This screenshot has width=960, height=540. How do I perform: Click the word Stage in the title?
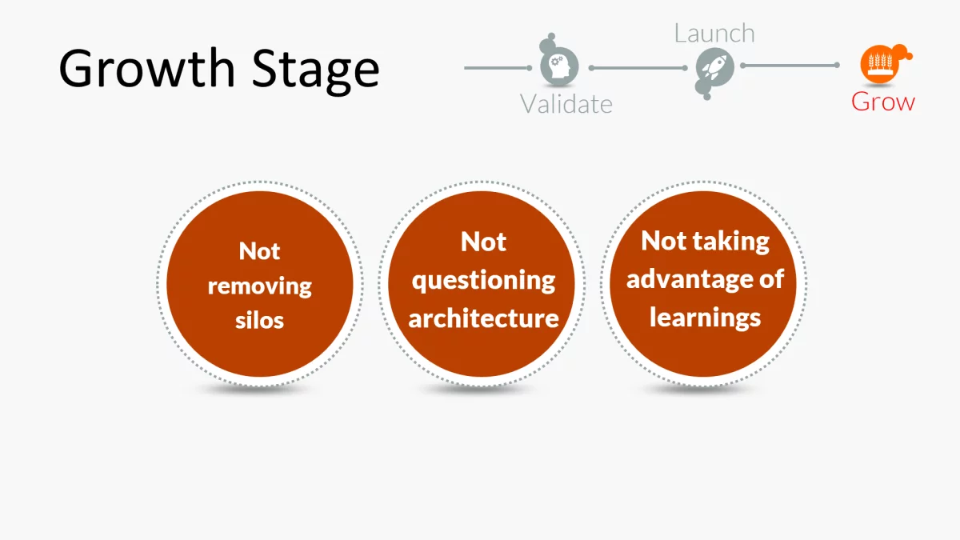pos(315,70)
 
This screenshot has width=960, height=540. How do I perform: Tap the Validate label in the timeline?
pos(566,104)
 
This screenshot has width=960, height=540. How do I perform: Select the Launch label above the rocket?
pos(714,34)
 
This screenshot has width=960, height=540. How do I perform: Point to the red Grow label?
pos(882,102)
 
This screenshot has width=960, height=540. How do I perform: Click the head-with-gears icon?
pos(559,66)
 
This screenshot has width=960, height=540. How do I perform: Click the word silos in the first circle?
pos(259,321)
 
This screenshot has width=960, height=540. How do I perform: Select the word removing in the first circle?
pos(259,286)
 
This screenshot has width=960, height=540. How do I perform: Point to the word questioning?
pos(483,281)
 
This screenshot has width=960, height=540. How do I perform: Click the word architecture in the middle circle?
pos(483,318)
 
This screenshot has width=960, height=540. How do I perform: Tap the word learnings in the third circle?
pos(705,317)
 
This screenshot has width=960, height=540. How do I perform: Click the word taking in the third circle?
pos(730,242)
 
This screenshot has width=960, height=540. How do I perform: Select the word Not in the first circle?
pos(259,251)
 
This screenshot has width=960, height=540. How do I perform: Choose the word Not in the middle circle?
pos(483,242)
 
